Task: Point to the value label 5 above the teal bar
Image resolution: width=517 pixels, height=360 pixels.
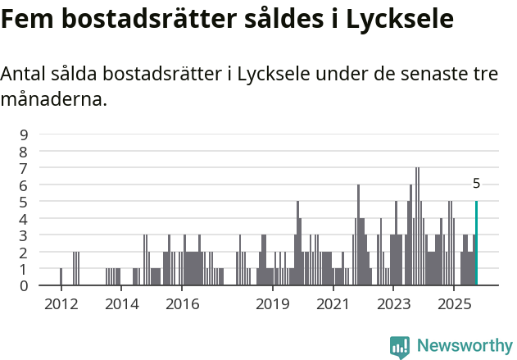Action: (x=476, y=185)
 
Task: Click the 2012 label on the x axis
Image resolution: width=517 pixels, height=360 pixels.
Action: (x=61, y=304)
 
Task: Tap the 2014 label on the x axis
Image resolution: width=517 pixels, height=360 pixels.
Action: (x=121, y=304)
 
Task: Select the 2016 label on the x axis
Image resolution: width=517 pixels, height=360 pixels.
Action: (x=182, y=304)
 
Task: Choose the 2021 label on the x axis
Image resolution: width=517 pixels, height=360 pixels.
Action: (x=333, y=304)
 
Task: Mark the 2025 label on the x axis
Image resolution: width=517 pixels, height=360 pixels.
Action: (x=453, y=304)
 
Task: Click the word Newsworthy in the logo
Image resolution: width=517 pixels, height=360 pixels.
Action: (x=465, y=346)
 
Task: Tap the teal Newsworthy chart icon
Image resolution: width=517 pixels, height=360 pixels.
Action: (x=400, y=347)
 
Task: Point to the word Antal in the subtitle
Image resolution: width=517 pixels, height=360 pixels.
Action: (x=25, y=74)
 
